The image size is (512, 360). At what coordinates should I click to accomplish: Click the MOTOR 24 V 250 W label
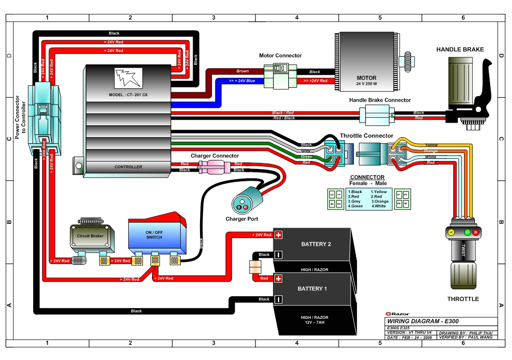pos(366,81)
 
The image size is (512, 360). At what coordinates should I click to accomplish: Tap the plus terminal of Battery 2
pos(278,235)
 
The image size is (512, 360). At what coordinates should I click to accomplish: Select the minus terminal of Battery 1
pos(278,299)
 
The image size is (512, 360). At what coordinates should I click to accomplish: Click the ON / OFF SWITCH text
pos(154,235)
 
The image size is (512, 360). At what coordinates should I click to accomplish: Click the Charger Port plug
pos(243,204)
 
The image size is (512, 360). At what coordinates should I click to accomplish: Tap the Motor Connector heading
pos(280,55)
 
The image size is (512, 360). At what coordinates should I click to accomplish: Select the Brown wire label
pos(243,71)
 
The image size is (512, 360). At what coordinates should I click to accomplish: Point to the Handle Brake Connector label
pos(380,100)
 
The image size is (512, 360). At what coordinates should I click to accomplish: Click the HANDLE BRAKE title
pos(460,50)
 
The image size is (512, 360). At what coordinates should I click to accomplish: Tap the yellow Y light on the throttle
pos(451,232)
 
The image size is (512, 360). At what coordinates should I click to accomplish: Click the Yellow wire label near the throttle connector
pos(431,145)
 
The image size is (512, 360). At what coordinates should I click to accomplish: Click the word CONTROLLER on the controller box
pos(128,167)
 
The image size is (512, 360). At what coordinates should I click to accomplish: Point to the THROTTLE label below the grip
pos(463,299)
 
